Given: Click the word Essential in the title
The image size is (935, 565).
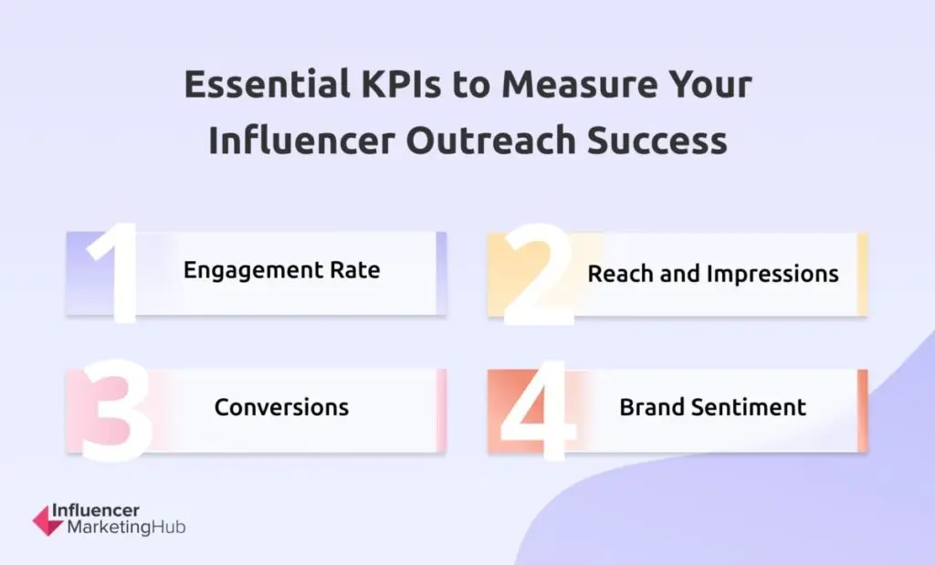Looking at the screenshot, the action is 267,84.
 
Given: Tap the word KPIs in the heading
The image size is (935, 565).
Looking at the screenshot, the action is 401,84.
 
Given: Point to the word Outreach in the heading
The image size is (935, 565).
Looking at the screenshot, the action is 490,141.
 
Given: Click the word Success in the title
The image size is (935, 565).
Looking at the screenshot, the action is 657,141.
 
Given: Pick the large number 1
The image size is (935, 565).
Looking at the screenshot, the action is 114,273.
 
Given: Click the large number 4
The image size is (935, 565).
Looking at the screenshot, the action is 538,412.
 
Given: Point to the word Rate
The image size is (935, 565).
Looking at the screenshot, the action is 355,270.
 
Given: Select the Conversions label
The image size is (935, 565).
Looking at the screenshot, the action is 281,408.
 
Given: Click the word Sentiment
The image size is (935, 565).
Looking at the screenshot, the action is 749,408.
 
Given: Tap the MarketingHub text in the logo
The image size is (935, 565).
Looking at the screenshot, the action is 126,528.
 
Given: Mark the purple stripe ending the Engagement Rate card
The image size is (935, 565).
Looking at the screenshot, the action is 441,273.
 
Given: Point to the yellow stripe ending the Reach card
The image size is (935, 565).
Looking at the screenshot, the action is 862,274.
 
